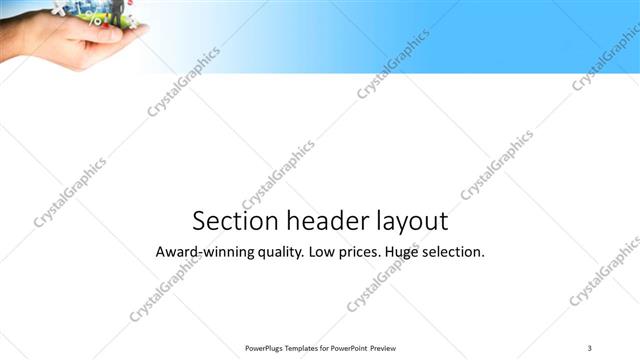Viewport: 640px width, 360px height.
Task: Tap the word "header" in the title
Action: (x=322, y=221)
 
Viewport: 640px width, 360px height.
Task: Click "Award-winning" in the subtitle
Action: (x=200, y=252)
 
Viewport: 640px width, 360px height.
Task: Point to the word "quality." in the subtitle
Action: (x=276, y=252)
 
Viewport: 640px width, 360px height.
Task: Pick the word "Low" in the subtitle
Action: (x=325, y=252)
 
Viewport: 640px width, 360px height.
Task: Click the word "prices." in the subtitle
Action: (x=367, y=252)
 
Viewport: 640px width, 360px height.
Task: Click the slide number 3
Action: (x=590, y=347)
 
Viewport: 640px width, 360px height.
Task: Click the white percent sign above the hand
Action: (x=96, y=18)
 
